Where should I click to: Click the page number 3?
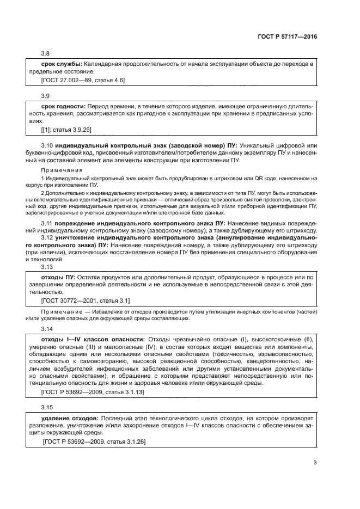(x=315, y=463)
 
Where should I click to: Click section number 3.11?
(x=48, y=224)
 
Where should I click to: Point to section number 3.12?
(x=48, y=239)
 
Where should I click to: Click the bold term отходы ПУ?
(x=58, y=278)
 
